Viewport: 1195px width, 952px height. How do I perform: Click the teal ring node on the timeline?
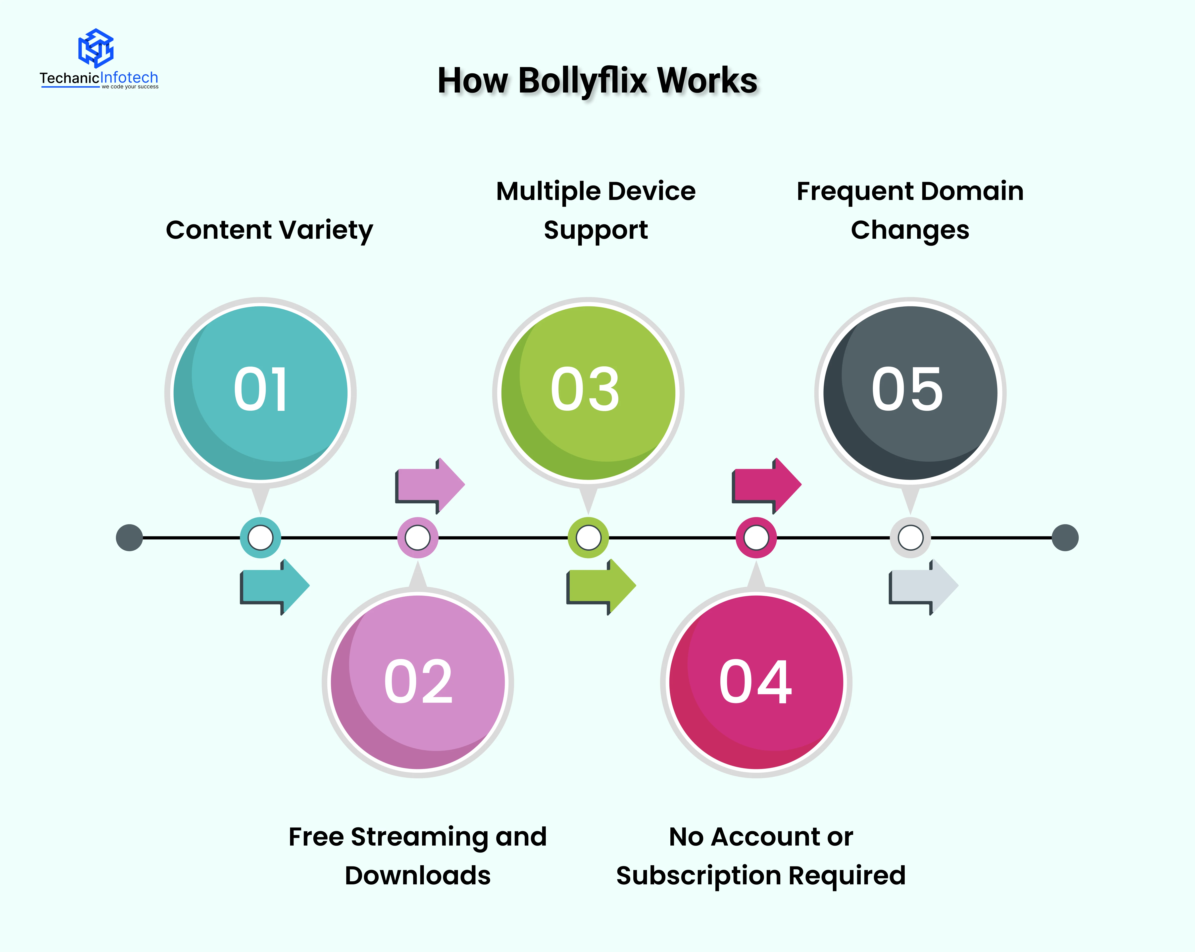[260, 537]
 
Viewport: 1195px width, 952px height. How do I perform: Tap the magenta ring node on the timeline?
[756, 537]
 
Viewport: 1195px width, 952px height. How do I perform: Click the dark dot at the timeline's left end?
[129, 537]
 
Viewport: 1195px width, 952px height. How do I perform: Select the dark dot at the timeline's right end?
[1065, 537]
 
